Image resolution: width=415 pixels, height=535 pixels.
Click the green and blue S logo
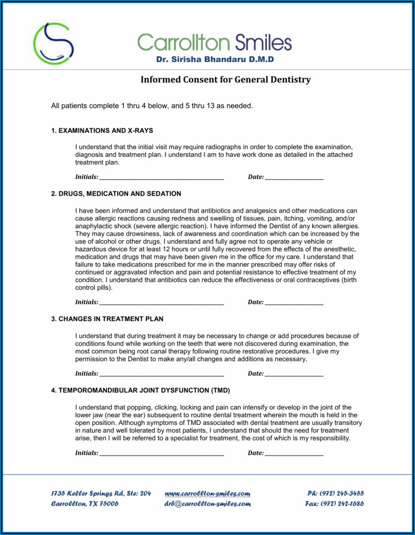coord(53,43)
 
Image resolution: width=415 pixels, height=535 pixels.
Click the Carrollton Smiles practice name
coord(214,42)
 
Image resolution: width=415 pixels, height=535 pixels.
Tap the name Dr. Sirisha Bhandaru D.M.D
coord(215,59)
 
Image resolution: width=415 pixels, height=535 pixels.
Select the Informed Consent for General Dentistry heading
coord(226,80)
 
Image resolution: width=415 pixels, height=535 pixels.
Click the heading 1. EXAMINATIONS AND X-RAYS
coord(102,131)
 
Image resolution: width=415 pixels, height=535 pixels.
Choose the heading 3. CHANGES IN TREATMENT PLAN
coord(107,319)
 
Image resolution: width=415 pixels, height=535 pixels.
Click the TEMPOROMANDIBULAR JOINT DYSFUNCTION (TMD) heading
coord(140,390)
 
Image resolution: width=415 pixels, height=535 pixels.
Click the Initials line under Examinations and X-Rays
coord(161,177)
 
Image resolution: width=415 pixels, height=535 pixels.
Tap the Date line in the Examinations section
coord(294,177)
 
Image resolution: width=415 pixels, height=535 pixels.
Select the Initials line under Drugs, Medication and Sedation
coord(161,303)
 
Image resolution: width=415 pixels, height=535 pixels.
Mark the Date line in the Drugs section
coord(294,303)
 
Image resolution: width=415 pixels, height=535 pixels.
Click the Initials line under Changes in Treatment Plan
coord(161,374)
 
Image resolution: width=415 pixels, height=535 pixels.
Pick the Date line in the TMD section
coord(294,453)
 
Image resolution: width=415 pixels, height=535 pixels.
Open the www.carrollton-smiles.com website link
coord(207,494)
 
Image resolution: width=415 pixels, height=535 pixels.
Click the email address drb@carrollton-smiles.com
coord(207,504)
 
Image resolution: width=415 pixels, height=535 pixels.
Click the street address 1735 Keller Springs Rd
coord(101,494)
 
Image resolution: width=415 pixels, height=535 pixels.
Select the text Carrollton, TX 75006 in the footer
coord(85,504)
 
